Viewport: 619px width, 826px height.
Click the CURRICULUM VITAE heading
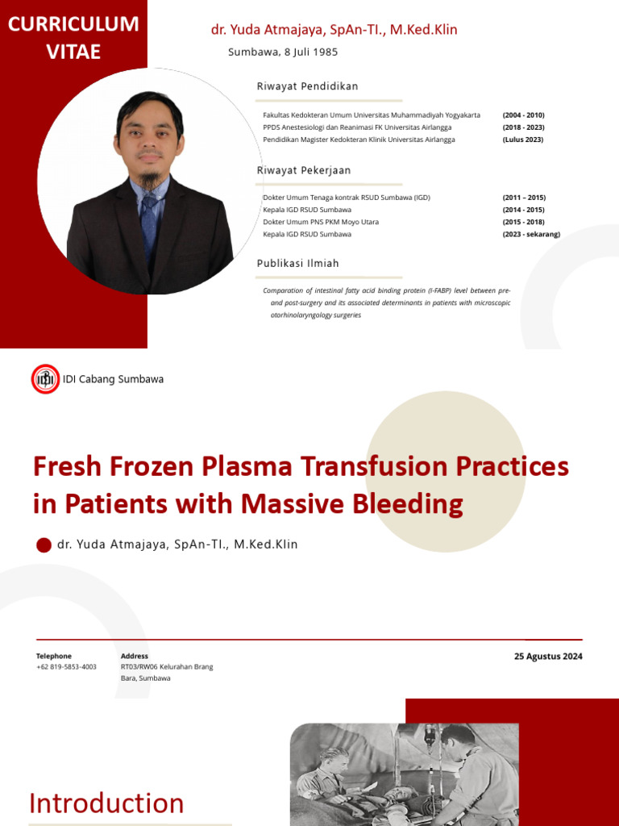pyautogui.click(x=73, y=38)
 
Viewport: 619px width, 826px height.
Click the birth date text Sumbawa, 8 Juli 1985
pyautogui.click(x=283, y=52)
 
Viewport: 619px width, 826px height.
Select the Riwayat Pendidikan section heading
pyautogui.click(x=307, y=86)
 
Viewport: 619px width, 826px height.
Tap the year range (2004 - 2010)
pyautogui.click(x=523, y=115)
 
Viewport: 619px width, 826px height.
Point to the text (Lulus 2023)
pyautogui.click(x=522, y=140)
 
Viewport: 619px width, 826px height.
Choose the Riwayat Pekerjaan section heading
pyautogui.click(x=304, y=171)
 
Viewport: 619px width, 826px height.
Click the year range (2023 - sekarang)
pyautogui.click(x=530, y=235)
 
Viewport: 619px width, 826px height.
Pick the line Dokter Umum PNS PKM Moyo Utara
pyautogui.click(x=321, y=222)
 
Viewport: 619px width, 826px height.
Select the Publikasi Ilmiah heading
pyautogui.click(x=298, y=264)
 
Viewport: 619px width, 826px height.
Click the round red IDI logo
pyautogui.click(x=45, y=379)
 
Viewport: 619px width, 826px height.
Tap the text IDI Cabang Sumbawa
pyautogui.click(x=113, y=379)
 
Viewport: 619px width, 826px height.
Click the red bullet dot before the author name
pyautogui.click(x=44, y=545)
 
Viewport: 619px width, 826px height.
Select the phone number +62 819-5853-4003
pyautogui.click(x=66, y=667)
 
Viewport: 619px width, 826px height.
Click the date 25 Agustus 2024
pyautogui.click(x=548, y=657)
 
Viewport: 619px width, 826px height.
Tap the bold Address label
pyautogui.click(x=135, y=657)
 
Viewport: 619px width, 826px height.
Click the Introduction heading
pyautogui.click(x=106, y=803)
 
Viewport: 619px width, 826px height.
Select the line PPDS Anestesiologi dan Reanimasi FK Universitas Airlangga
pyautogui.click(x=357, y=127)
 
